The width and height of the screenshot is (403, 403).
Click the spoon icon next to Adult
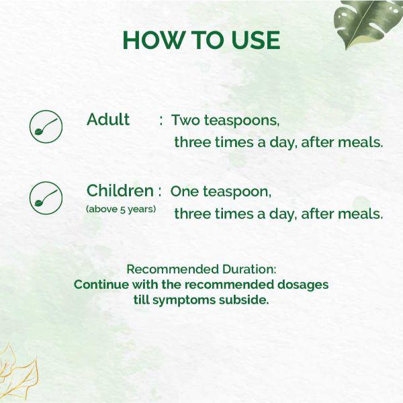click(46, 126)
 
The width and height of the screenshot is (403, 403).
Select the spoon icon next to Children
click(46, 197)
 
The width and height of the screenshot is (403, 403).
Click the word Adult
click(108, 120)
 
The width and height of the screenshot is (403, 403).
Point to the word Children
click(120, 191)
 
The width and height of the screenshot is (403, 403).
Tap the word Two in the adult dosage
click(186, 121)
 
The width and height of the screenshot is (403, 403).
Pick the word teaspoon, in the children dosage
click(238, 192)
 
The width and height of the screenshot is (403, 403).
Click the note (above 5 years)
click(121, 209)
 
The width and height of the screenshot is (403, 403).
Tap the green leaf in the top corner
click(366, 24)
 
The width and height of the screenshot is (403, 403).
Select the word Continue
click(101, 284)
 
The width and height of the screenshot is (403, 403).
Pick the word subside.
click(243, 300)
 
